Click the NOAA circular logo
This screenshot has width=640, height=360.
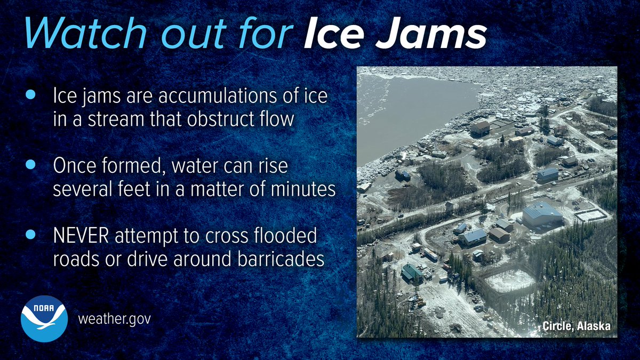[44, 319]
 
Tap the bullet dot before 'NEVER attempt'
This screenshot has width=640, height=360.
[30, 235]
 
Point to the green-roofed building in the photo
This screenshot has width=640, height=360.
[412, 272]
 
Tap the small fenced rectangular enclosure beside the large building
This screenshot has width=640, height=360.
[590, 215]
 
